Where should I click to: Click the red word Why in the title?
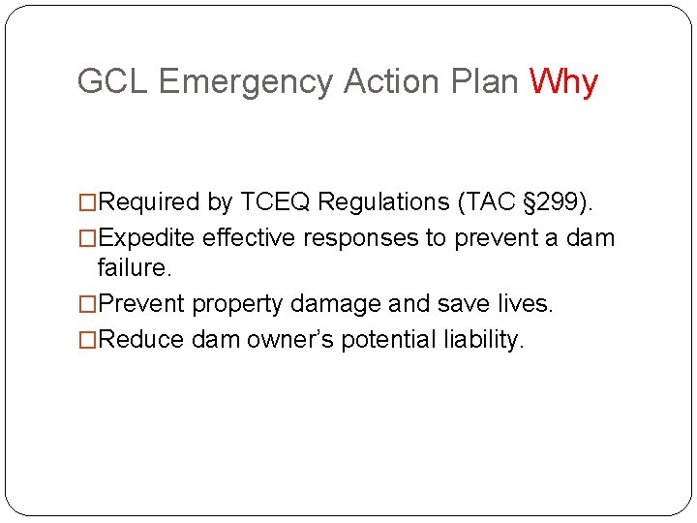563,82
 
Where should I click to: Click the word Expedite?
147,238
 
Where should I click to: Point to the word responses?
360,239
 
